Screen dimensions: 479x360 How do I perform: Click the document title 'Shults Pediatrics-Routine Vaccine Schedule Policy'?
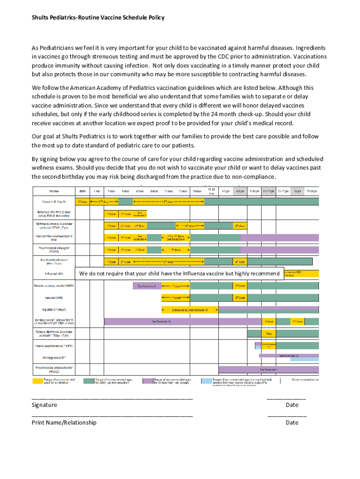98,18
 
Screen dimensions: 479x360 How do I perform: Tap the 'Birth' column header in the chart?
82,191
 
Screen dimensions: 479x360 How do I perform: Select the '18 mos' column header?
197,191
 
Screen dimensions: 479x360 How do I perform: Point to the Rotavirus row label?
53,213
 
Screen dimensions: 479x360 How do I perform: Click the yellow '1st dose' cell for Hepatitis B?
82,202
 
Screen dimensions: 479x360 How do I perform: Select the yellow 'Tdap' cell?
268,334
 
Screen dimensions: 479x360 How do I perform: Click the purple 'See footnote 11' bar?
161,322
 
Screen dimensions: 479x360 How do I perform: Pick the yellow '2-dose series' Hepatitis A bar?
189,310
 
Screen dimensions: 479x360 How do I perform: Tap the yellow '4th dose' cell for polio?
240,261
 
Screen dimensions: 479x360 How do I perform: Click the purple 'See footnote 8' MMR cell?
147,285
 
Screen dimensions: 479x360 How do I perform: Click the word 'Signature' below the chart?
44,405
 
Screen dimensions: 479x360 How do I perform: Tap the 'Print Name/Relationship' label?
64,422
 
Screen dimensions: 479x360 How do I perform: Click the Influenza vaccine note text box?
180,273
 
